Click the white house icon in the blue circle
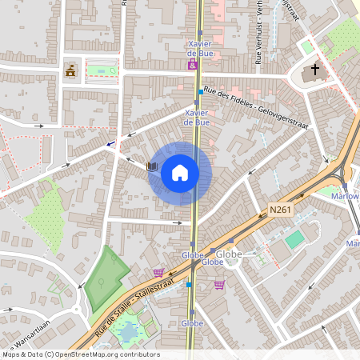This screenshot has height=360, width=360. pos(179,172)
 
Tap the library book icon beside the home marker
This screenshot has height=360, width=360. pos(152,167)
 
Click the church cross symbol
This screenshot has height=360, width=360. pos(314,70)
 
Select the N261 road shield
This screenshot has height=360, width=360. pos(278,210)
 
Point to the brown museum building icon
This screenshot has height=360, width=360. pos(70,71)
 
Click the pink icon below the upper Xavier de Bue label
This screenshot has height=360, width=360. pos(192,66)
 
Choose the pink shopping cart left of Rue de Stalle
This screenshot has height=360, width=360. pos(158,272)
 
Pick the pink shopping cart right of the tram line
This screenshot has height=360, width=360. pos(219,284)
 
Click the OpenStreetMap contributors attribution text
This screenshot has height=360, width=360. pos(80,354)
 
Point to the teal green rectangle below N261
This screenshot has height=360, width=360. pos(295,238)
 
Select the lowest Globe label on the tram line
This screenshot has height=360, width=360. pos(192,323)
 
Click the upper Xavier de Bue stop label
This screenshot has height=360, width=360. pos(198,48)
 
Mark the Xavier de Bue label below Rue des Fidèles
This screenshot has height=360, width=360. pos(197,118)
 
